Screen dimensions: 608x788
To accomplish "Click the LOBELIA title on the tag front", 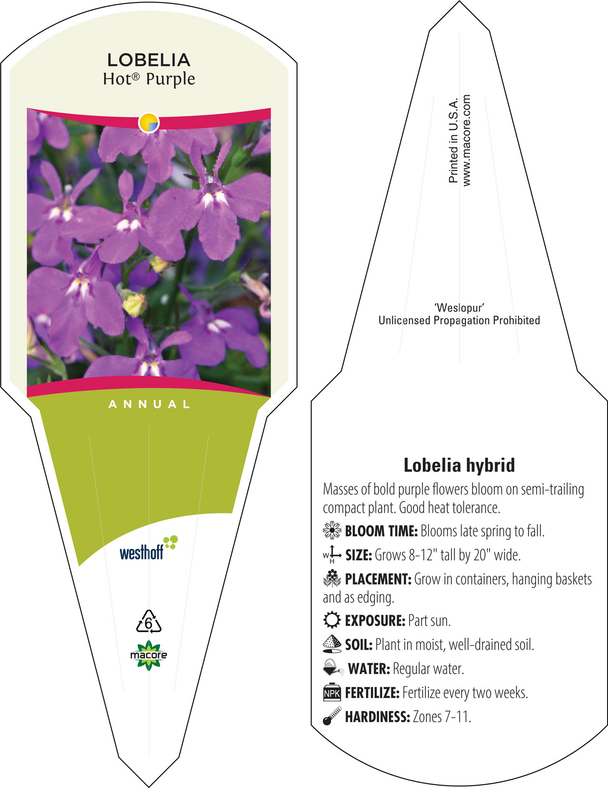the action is coord(149,60).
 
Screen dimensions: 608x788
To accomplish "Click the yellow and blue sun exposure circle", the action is coord(149,123).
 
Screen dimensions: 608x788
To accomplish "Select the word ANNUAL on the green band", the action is coord(149,404).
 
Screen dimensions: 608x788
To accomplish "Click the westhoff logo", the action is coord(149,548).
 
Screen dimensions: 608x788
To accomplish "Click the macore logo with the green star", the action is coord(149,655).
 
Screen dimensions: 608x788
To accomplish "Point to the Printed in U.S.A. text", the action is coord(453,140).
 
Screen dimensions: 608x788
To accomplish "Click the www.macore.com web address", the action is coord(466,141).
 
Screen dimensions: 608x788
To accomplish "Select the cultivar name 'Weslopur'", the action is coord(459,308).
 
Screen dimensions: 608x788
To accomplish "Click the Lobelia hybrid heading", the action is coord(459,465).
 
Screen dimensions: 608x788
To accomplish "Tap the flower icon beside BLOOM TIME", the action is coord(332,531).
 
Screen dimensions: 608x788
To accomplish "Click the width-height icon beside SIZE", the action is coord(332,555).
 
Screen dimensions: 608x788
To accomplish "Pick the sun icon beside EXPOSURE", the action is coord(332,620).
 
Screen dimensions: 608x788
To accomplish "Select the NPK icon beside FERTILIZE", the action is coord(332,692).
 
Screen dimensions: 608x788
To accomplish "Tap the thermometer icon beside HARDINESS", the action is coord(332,716).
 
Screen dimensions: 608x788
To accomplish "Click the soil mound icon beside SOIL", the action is coord(332,644).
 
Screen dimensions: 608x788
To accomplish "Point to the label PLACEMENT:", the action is coord(378,579).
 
